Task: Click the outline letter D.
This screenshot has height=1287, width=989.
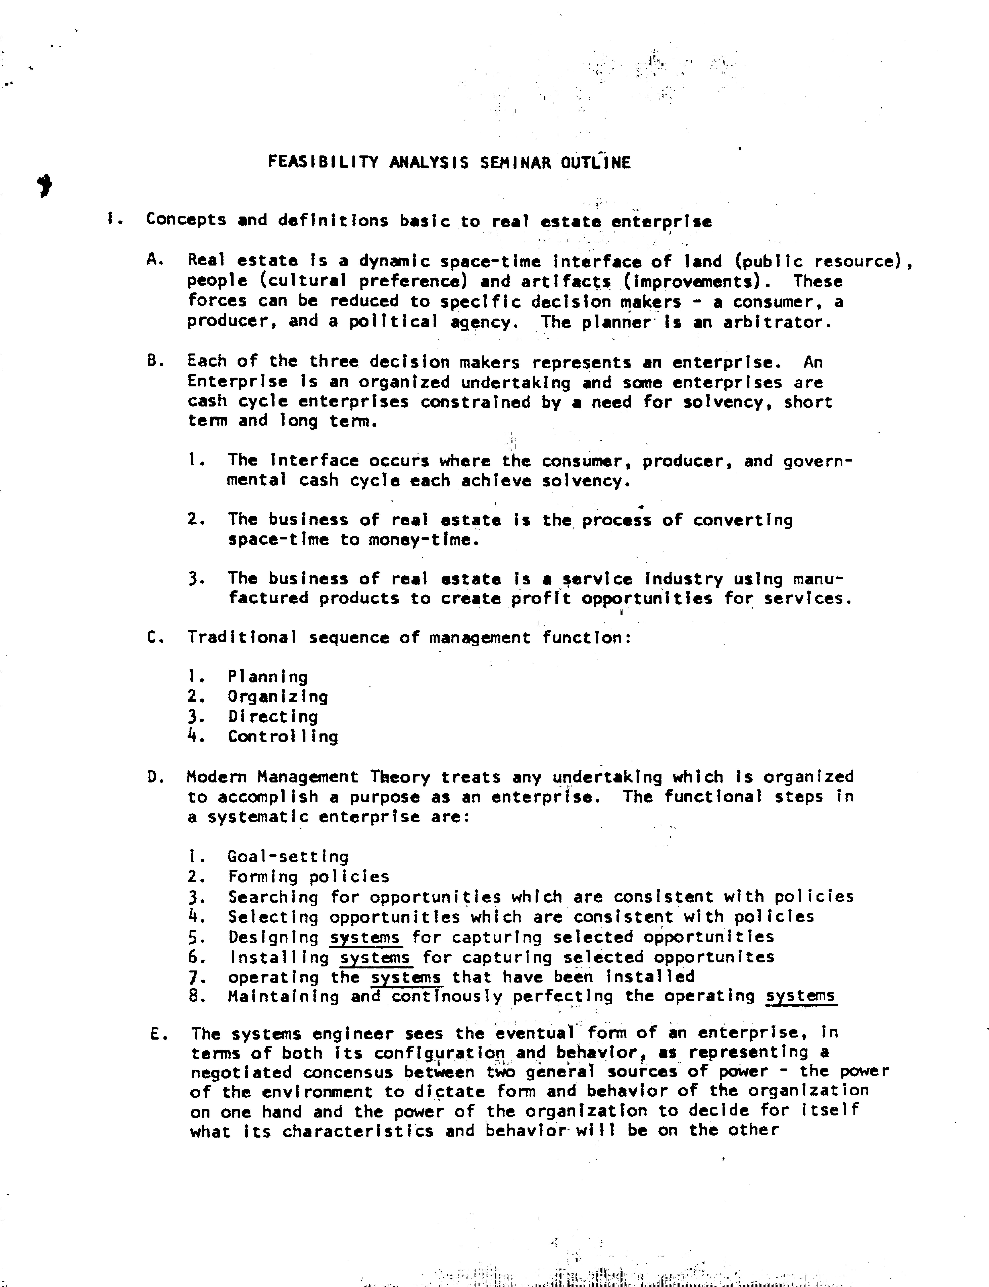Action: [154, 777]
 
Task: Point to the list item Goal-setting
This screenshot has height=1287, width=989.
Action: [288, 857]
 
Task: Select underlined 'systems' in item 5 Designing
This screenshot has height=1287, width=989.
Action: [365, 937]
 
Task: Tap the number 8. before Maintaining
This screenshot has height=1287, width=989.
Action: [196, 996]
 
